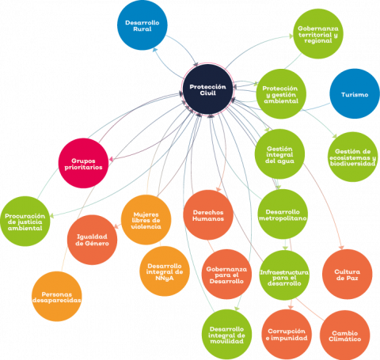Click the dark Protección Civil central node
pyautogui.click(x=208, y=89)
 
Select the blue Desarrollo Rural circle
pyautogui.click(x=142, y=25)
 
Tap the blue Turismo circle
pyautogui.click(x=355, y=94)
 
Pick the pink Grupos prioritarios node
pyautogui.click(x=83, y=163)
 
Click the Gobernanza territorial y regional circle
pyautogui.click(x=318, y=34)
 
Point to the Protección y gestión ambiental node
pyautogui.click(x=281, y=94)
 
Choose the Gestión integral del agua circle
pyautogui.click(x=279, y=154)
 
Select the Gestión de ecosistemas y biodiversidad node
pyautogui.click(x=352, y=157)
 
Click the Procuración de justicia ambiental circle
pyautogui.click(x=25, y=222)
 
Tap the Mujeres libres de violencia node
pyautogui.click(x=146, y=220)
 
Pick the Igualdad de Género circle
pyautogui.click(x=92, y=240)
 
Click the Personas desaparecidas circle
pyautogui.click(x=57, y=297)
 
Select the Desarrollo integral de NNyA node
pyautogui.click(x=165, y=271)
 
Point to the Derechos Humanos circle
pyautogui.click(x=208, y=215)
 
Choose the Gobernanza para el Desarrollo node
pyautogui.click(x=226, y=275)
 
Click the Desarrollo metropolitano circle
pyautogui.click(x=283, y=214)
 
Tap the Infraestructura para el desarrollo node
pyautogui.click(x=284, y=275)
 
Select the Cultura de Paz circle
pyautogui.click(x=348, y=275)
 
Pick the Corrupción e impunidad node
pyautogui.click(x=287, y=335)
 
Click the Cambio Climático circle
pyautogui.click(x=344, y=335)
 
